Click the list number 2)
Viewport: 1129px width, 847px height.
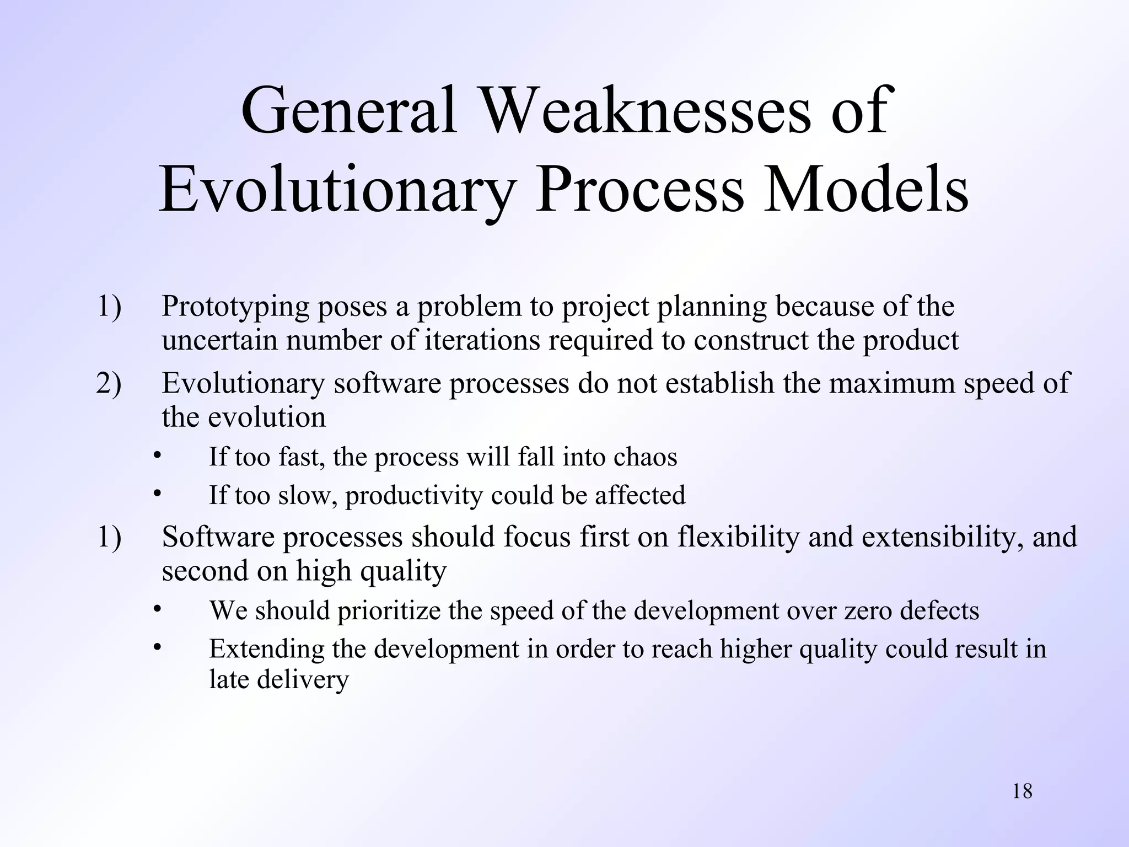109,383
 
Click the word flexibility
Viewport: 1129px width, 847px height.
738,537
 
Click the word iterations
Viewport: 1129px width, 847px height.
482,340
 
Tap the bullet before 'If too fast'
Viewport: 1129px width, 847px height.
157,455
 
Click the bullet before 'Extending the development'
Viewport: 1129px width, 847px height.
157,647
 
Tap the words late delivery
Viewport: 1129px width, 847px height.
278,679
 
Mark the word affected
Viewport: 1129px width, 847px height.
639,495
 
